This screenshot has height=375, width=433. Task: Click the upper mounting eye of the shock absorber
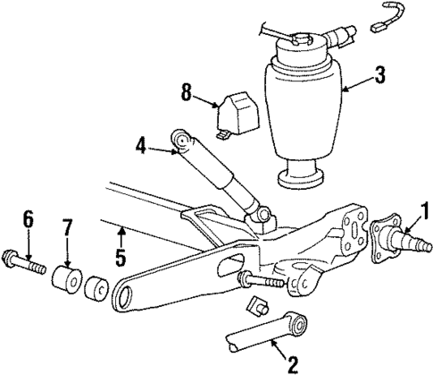tap(185, 140)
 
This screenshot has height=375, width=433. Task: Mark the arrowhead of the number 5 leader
tap(122, 225)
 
